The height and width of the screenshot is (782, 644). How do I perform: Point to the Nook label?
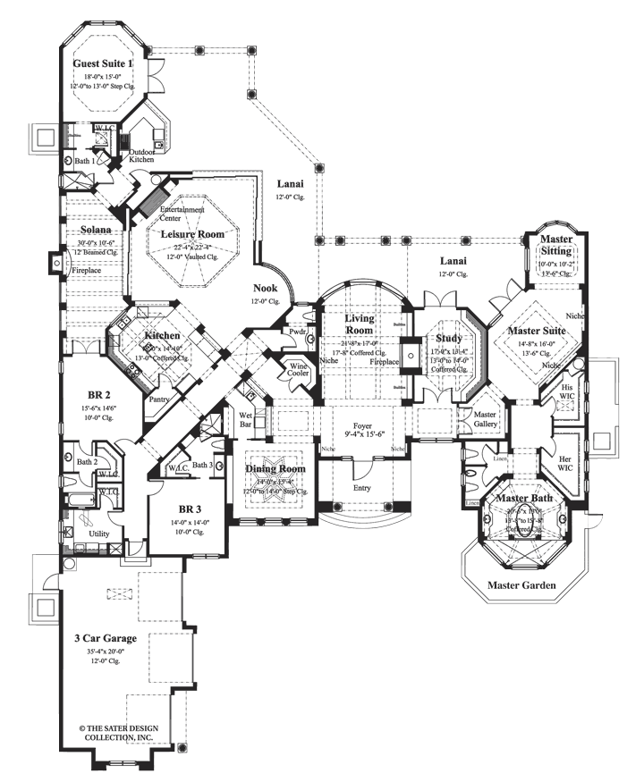click(x=265, y=289)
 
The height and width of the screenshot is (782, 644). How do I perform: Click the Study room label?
click(x=448, y=339)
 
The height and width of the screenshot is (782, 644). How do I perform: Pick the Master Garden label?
click(x=521, y=585)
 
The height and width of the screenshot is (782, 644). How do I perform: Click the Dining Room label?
click(x=275, y=469)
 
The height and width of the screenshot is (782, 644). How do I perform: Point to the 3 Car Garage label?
click(x=106, y=638)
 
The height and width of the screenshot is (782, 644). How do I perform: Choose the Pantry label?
click(x=160, y=400)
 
